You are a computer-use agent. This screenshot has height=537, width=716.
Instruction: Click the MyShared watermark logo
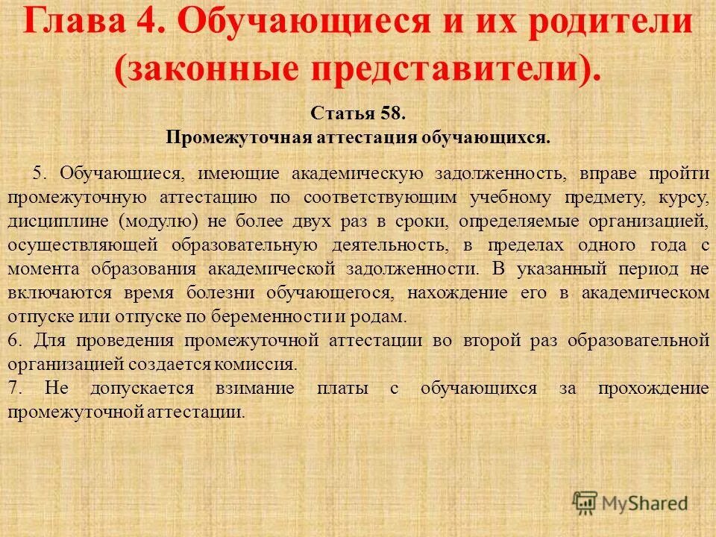point(630,502)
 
